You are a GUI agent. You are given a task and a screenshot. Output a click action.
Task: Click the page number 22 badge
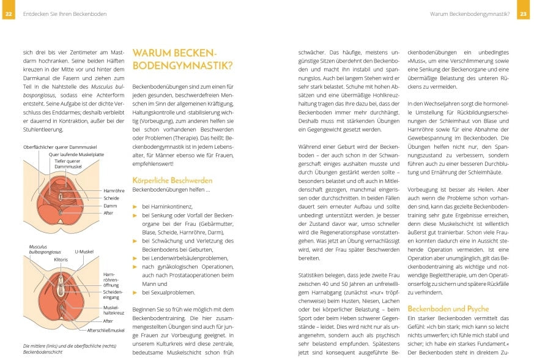(8, 13)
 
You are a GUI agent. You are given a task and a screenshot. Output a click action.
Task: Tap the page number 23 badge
(524, 13)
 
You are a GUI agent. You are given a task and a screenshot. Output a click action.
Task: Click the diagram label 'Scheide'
(111, 198)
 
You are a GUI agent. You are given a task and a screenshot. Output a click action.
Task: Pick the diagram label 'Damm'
(110, 206)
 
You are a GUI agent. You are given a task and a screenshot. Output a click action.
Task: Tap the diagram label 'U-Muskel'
(83, 252)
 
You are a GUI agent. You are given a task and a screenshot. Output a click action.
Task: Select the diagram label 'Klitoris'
(61, 260)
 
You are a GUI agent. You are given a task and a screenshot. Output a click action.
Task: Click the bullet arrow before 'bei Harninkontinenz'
(135, 208)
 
